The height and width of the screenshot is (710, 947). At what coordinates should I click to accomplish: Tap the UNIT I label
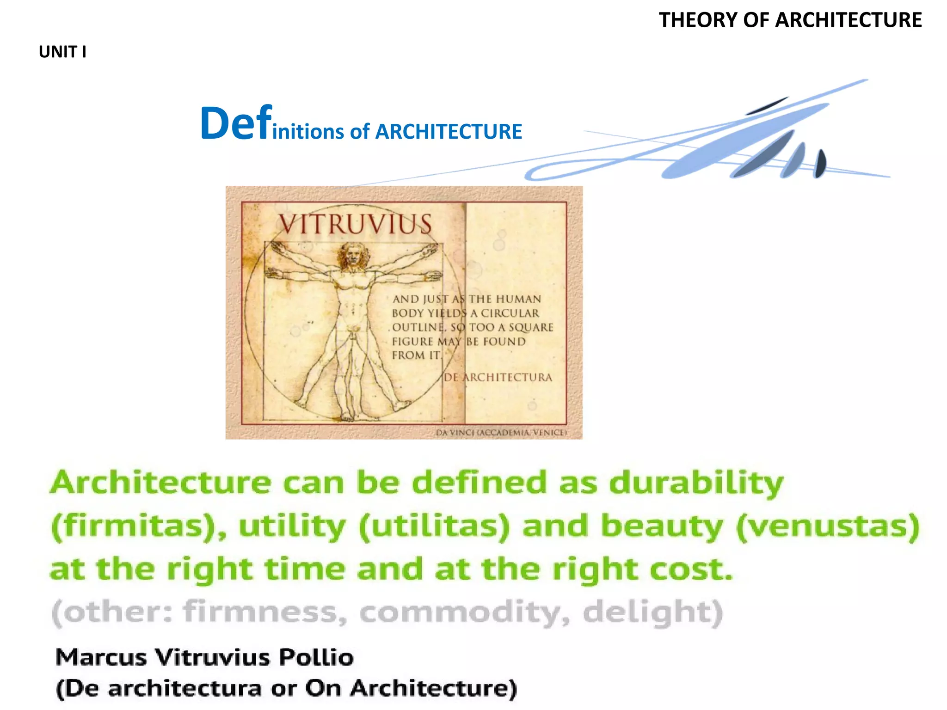point(62,52)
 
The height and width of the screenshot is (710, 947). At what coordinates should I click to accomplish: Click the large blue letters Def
point(236,123)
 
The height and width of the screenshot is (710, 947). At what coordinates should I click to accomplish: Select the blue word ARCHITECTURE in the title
point(449,132)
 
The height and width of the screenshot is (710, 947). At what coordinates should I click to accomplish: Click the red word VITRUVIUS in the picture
point(355,225)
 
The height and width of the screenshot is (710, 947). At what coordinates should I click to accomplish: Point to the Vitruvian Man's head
point(352,255)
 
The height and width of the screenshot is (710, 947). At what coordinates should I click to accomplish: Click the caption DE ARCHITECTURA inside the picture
point(498,378)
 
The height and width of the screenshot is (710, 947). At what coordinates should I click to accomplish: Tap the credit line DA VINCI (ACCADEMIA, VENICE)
point(501,433)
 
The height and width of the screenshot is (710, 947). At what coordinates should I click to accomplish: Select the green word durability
point(696,483)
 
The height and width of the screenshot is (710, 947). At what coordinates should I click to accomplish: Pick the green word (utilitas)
point(434,526)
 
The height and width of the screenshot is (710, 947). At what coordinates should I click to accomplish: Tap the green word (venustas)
point(828,526)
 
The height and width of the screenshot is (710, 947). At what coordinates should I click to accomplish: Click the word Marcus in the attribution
point(101,657)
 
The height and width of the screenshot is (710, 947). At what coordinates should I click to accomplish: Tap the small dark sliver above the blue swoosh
point(767,106)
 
